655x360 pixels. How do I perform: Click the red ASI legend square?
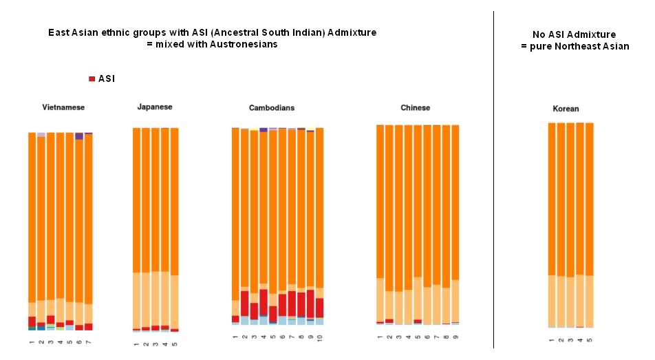click(92, 79)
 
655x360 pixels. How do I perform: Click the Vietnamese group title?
click(63, 107)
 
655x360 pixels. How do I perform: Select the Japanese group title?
click(155, 107)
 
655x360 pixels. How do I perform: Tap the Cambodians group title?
click(272, 108)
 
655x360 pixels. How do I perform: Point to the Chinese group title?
click(415, 107)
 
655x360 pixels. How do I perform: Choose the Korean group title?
click(566, 109)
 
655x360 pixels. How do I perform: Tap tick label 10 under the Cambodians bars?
click(319, 338)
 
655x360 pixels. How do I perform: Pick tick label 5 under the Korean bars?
click(590, 340)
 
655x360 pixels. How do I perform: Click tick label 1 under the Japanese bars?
click(136, 343)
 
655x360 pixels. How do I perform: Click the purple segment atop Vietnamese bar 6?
click(79, 136)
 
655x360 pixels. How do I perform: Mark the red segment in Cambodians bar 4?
click(264, 302)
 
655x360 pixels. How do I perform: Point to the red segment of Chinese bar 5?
click(418, 321)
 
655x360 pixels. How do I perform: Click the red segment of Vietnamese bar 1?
click(32, 321)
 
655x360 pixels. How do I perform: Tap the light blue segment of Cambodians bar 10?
click(319, 321)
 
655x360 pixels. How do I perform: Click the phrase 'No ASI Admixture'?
click(574, 34)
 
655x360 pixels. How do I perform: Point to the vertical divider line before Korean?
click(493, 179)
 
